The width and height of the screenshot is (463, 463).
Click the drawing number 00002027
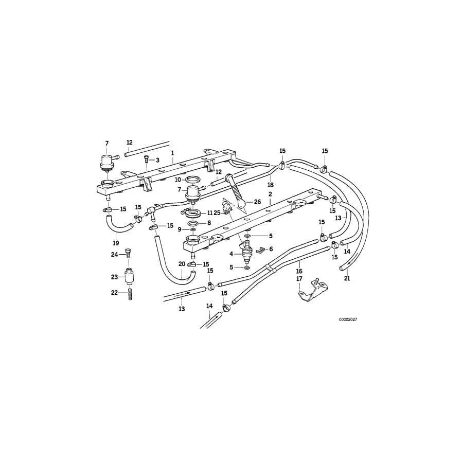click(348, 319)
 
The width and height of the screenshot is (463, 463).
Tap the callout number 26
click(257, 202)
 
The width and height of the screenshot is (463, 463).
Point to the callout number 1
click(172, 153)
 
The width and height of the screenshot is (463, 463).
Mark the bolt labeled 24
click(128, 255)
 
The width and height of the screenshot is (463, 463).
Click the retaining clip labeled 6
click(261, 250)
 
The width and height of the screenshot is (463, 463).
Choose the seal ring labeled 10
click(193, 180)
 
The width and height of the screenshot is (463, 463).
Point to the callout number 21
click(347, 278)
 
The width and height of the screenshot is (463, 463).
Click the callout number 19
click(116, 243)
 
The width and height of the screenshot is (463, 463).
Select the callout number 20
click(182, 264)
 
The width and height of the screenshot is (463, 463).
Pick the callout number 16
click(299, 271)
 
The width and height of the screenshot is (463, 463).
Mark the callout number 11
click(209, 213)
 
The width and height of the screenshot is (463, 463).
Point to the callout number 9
click(180, 229)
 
